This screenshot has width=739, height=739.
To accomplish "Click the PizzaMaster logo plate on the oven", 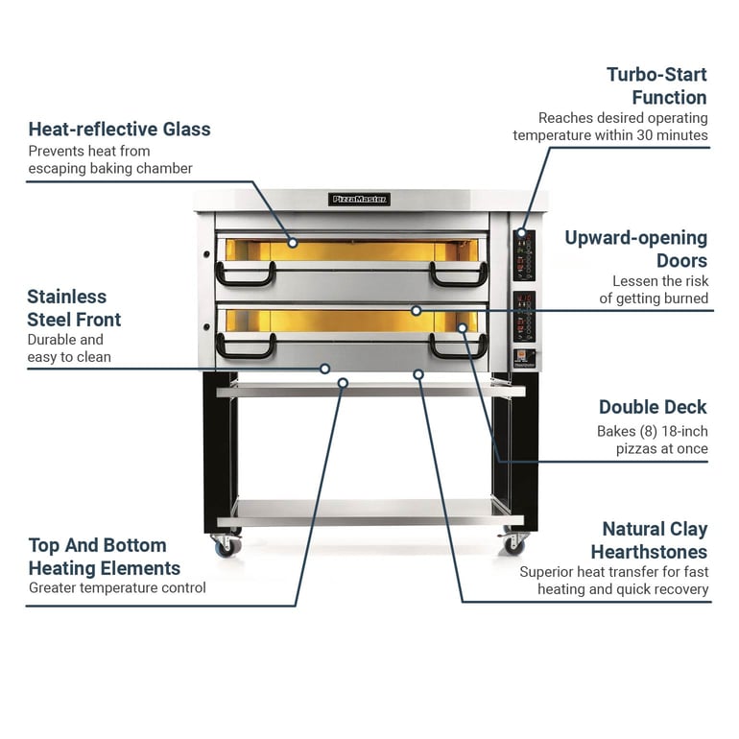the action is [359, 200].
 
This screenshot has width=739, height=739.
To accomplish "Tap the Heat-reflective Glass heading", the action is [119, 130].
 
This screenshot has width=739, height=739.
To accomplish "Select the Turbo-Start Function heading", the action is [657, 85].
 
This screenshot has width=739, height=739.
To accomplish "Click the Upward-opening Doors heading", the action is [636, 249].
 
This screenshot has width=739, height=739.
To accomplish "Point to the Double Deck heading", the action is [653, 407].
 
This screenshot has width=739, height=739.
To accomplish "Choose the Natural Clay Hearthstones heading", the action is [650, 540].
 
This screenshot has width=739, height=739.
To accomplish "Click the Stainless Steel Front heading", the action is [74, 308].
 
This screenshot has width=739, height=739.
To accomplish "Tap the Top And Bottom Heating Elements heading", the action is [105, 557].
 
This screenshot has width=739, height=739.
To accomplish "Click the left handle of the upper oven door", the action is [245, 274].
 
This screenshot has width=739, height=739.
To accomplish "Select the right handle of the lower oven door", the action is [458, 346].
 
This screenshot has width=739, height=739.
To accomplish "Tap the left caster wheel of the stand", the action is [227, 546].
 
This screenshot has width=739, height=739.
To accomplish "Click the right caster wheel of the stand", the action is [513, 544].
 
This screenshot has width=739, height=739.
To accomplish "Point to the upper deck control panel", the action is [524, 255].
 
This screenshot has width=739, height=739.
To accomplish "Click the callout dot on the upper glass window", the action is [293, 243].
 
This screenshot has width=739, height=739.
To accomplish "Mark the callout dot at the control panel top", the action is [521, 233].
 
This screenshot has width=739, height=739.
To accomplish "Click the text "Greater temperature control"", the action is [117, 587].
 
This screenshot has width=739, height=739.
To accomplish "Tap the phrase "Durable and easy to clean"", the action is [69, 348].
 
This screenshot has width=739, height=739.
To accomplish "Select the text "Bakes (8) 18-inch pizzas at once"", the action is [653, 440].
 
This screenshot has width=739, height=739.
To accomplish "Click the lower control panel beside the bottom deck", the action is [524, 317].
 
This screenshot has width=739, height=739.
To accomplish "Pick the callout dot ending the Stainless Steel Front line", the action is [324, 369].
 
